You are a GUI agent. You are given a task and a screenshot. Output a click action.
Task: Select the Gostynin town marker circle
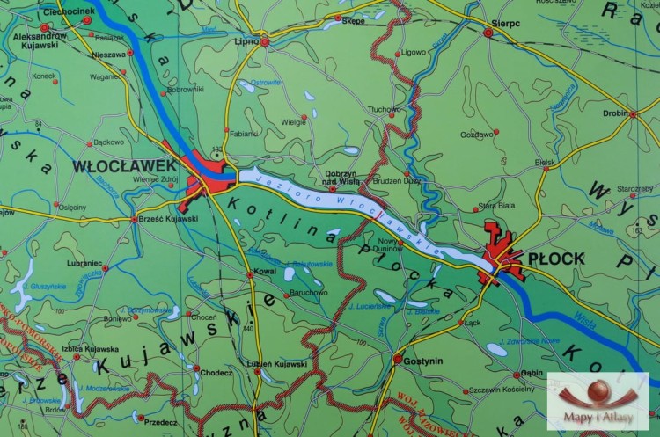(398, 360)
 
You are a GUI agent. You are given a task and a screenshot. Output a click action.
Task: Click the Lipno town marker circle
(264, 40)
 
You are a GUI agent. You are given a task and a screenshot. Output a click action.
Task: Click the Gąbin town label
(531, 372)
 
